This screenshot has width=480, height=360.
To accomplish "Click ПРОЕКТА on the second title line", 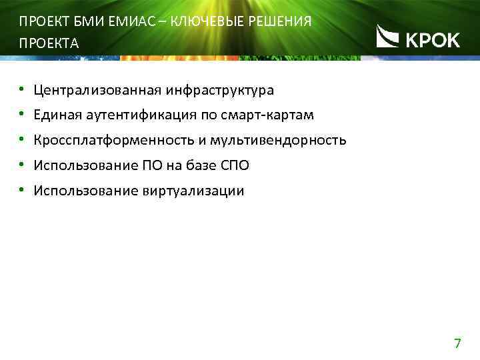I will tap(49, 44).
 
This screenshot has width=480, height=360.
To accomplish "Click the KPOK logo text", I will tap(433, 40).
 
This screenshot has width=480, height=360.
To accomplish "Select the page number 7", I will tap(457, 344).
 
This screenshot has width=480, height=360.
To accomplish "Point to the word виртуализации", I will tap(193, 191).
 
